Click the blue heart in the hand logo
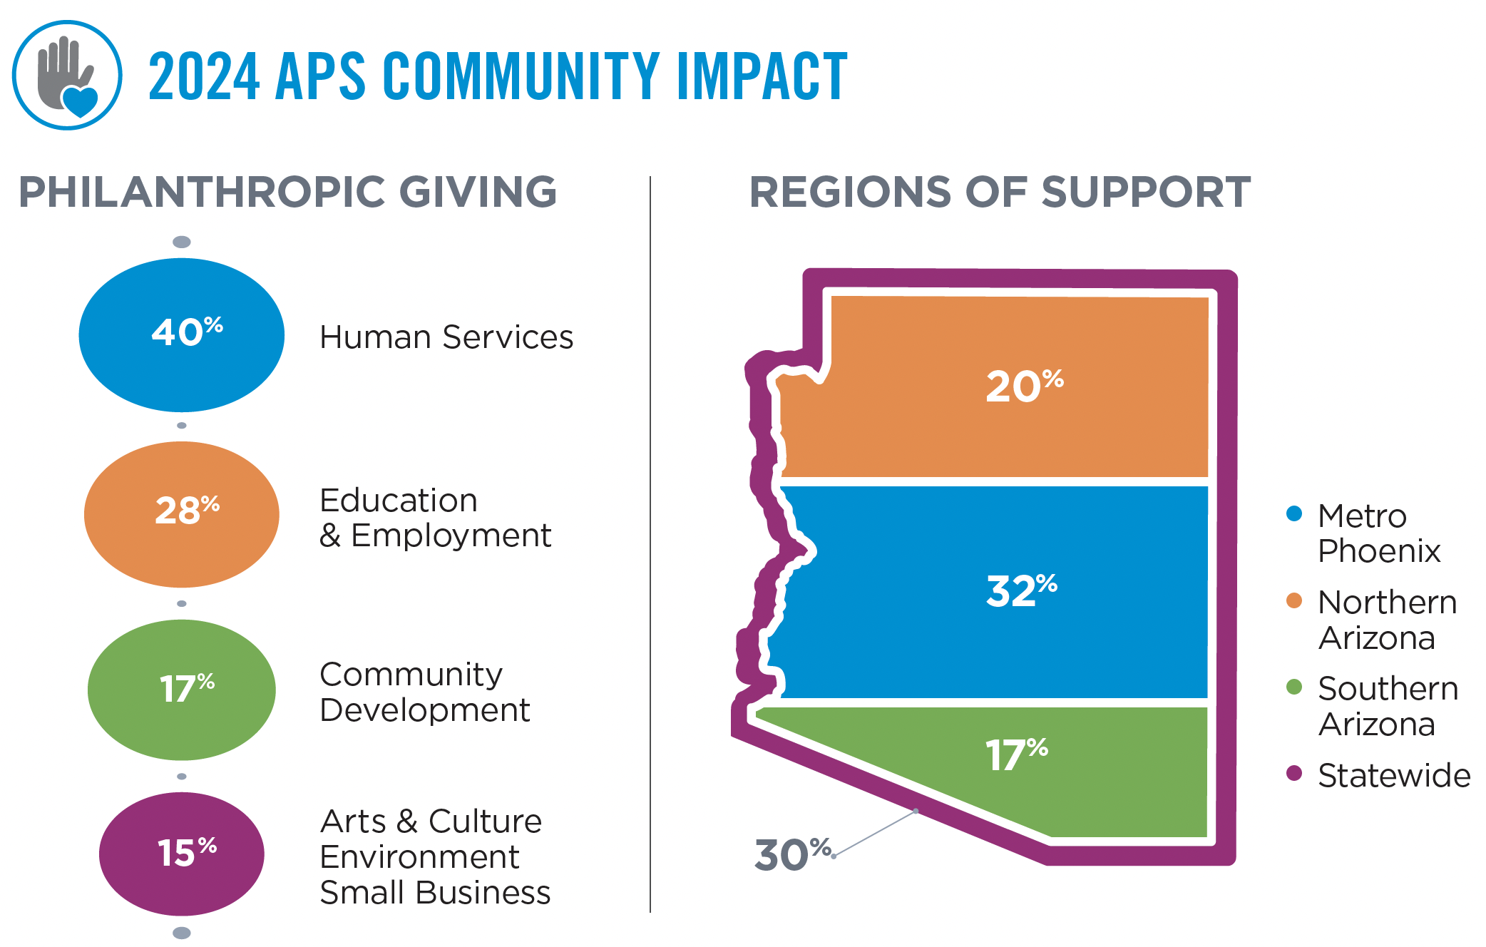pyautogui.click(x=80, y=101)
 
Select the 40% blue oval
pyautogui.click(x=182, y=334)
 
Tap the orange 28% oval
pyautogui.click(x=182, y=513)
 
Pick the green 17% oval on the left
pyautogui.click(x=182, y=690)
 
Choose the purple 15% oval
pyautogui.click(x=182, y=854)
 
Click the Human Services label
pyautogui.click(x=446, y=337)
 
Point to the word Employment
pyautogui.click(x=451, y=536)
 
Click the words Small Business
pyautogui.click(x=435, y=893)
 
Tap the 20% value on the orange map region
pyautogui.click(x=1024, y=386)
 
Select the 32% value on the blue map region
pyautogui.click(x=1021, y=590)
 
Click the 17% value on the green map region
pyautogui.click(x=1016, y=754)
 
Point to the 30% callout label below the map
pyautogui.click(x=792, y=854)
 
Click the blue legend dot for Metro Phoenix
pyautogui.click(x=1294, y=513)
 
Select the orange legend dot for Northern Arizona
pyautogui.click(x=1294, y=600)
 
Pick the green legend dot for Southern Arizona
pyautogui.click(x=1294, y=687)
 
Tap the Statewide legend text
pyautogui.click(x=1393, y=776)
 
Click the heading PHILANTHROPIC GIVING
pyautogui.click(x=287, y=192)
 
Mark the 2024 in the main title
pyautogui.click(x=204, y=76)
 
